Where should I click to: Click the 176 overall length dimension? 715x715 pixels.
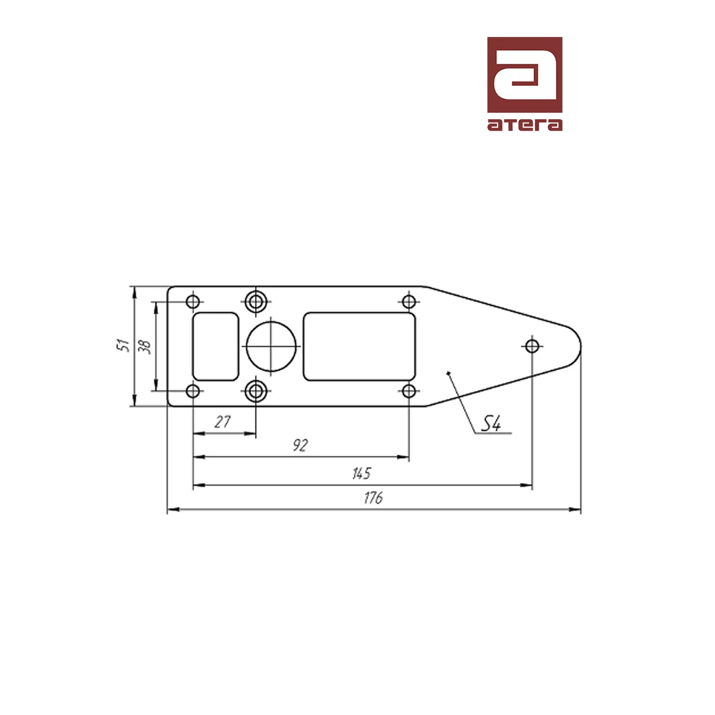click(x=373, y=498)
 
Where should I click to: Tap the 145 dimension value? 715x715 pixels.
click(x=362, y=474)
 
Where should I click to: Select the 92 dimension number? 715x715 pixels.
click(x=300, y=445)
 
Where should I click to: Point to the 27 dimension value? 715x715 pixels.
click(x=223, y=422)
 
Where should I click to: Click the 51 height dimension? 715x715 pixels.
click(x=123, y=346)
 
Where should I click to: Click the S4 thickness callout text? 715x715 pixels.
click(x=490, y=424)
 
